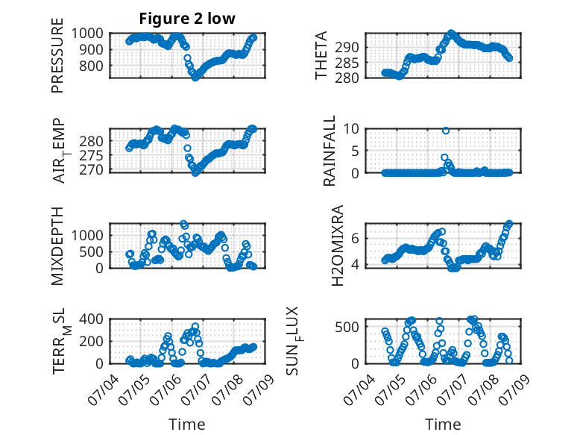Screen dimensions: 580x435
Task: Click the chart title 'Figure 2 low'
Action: coord(187,19)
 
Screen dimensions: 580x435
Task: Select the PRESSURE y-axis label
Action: coord(57,55)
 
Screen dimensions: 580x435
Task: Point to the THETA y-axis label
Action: coord(321,55)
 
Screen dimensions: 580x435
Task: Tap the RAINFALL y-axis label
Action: coord(329,151)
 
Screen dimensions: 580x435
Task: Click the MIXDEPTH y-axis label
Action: coord(57,245)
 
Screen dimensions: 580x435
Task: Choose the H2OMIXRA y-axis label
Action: coord(338,245)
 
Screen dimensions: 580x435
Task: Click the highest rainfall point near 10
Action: coord(446,131)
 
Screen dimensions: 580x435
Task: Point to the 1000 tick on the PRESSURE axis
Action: coord(87,34)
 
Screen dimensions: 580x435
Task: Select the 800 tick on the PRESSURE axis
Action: coord(92,66)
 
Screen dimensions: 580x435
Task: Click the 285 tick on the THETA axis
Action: coord(347,63)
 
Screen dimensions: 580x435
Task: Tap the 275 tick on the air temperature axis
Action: coord(92,155)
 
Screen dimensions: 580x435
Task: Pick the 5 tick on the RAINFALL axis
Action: coord(355,151)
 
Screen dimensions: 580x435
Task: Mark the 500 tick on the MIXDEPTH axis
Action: coord(92,251)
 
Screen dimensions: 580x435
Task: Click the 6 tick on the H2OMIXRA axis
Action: coord(355,238)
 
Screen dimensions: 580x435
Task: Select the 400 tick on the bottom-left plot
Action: coord(92,319)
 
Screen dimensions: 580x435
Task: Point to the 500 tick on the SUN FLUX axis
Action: coord(347,327)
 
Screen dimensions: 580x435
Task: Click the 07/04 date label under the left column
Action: coord(103,389)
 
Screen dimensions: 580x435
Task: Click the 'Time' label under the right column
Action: coord(443,424)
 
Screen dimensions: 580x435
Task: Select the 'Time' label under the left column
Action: coord(187,424)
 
